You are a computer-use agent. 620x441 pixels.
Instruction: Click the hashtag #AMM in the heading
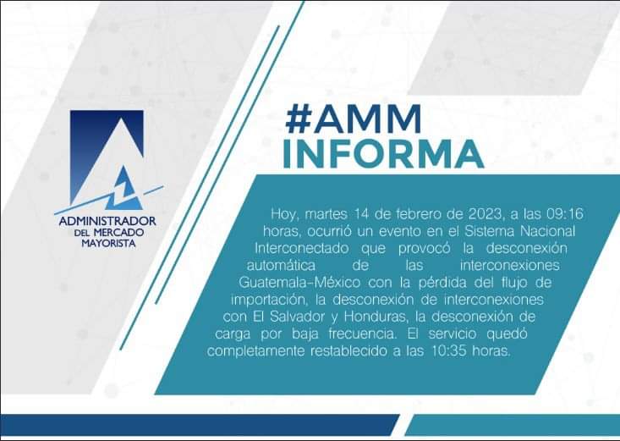click(353, 119)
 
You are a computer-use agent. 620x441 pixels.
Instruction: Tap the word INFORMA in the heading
click(383, 153)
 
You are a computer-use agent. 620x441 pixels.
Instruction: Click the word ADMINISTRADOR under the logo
click(107, 221)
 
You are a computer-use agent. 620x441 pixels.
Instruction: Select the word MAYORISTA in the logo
click(108, 243)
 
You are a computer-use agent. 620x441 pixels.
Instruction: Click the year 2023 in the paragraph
click(486, 214)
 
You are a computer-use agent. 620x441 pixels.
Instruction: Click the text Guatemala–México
click(299, 282)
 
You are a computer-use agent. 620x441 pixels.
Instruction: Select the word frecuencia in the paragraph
click(362, 334)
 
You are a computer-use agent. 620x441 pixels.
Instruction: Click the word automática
click(281, 265)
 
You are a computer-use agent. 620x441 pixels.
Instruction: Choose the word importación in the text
click(269, 300)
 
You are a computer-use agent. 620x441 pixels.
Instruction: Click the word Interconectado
click(301, 248)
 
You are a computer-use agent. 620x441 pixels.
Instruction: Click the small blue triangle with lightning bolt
click(123, 190)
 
